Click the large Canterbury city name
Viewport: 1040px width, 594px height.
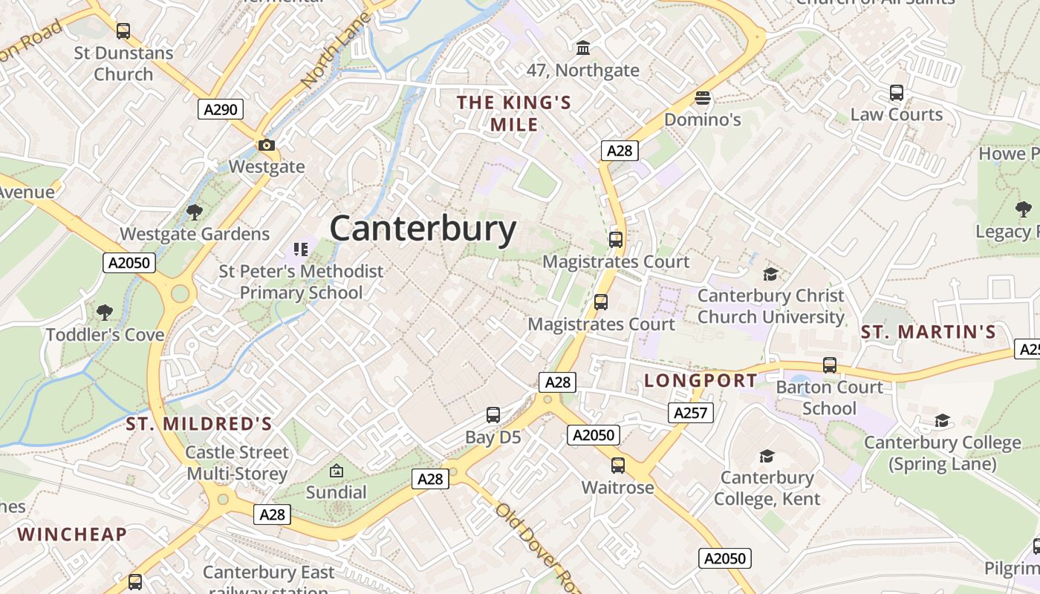click(423, 229)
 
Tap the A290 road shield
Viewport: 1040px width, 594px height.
click(221, 110)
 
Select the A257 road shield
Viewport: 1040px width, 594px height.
click(690, 413)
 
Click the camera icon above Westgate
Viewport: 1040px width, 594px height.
click(267, 145)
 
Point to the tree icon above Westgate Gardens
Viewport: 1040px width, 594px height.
click(195, 212)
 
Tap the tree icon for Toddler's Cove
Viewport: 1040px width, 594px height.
click(105, 312)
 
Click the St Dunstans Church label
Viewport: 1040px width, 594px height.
click(123, 63)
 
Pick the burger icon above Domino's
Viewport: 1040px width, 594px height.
click(702, 98)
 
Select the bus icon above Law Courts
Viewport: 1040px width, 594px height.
click(897, 93)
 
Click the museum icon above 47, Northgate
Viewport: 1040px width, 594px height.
click(583, 48)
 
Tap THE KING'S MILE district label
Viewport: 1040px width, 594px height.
click(514, 113)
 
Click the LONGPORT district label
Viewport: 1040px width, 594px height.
click(701, 381)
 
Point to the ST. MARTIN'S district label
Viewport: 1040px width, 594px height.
click(928, 332)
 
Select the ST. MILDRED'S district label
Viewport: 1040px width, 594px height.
click(199, 424)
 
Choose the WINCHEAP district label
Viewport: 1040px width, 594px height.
click(72, 534)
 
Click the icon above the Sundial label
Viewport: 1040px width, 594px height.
click(337, 470)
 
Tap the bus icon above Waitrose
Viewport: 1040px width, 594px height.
click(617, 466)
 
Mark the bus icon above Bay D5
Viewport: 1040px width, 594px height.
click(493, 415)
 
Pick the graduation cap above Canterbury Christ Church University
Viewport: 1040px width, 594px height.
click(770, 274)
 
